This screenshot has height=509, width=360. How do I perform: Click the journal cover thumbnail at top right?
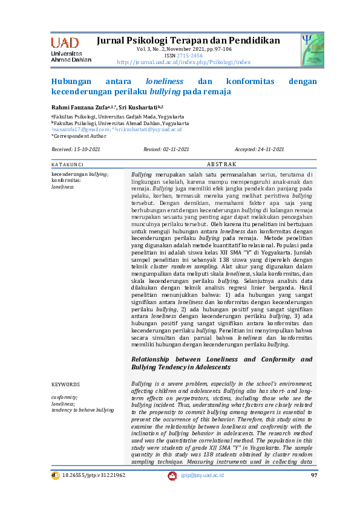(x=313, y=48)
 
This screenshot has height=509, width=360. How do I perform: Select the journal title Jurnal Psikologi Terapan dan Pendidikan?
(x=188, y=41)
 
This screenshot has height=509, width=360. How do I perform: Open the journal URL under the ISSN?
(x=183, y=62)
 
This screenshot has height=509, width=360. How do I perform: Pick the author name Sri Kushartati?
(x=139, y=106)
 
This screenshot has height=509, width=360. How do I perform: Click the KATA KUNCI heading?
(x=67, y=164)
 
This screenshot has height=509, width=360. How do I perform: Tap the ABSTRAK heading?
(x=221, y=164)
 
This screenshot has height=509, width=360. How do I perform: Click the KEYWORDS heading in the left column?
(x=65, y=384)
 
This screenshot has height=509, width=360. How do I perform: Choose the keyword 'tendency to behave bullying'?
(x=82, y=410)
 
